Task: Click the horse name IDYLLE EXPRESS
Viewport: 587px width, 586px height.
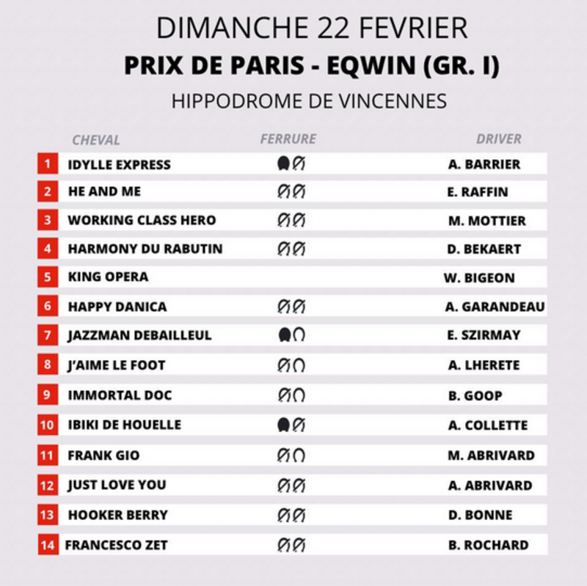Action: point(119,164)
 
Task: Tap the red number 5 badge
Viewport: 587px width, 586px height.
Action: point(48,277)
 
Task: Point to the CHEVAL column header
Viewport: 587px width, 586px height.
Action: point(95,139)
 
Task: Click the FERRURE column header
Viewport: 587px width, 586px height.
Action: point(288,139)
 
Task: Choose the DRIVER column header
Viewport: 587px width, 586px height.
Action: point(499,139)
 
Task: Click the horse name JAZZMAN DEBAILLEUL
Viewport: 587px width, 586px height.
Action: point(139,335)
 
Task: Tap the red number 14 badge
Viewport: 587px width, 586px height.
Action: point(48,545)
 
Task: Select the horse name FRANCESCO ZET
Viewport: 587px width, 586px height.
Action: point(116,545)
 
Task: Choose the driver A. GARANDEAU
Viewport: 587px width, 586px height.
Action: point(495,307)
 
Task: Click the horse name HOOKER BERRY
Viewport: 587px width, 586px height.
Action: point(118,515)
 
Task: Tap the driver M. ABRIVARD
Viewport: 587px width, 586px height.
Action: point(491,455)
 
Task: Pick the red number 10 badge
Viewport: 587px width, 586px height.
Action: point(48,425)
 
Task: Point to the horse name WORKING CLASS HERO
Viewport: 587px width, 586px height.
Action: point(142,220)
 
